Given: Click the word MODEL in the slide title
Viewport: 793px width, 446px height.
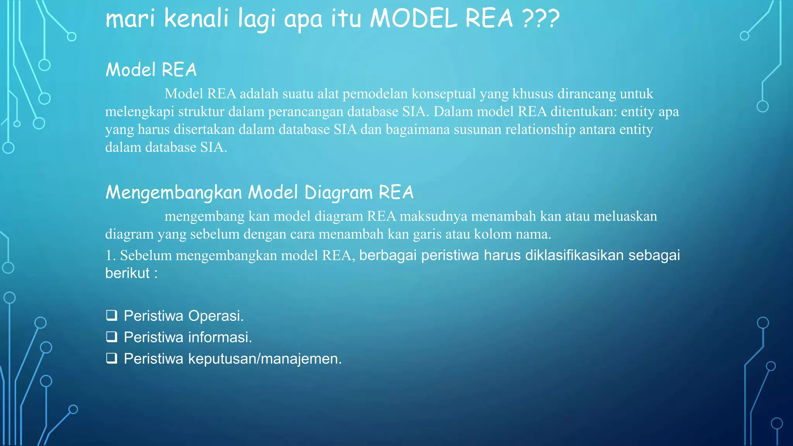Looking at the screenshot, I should tap(414, 18).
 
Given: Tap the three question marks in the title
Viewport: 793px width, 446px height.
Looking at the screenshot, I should tap(541, 18).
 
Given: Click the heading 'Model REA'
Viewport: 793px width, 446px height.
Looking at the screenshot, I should tap(151, 70).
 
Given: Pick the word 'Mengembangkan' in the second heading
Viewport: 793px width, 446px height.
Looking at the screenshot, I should tap(174, 192).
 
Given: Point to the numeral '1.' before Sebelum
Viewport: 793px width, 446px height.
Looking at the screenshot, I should tap(111, 256).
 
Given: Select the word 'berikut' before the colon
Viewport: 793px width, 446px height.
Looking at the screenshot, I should tap(127, 273).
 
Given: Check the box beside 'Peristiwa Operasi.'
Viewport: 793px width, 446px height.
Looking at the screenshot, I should tap(112, 316).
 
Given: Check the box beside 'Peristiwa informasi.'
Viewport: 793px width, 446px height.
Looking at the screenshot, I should tap(112, 337).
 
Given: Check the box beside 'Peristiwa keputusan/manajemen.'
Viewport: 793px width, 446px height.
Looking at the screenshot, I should tap(112, 359).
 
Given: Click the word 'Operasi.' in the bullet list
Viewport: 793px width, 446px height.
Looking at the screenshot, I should tap(216, 316).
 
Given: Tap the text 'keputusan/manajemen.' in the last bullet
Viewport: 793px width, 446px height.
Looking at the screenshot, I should tap(265, 359).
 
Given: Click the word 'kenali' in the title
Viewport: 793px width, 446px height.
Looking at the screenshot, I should tap(196, 18).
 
